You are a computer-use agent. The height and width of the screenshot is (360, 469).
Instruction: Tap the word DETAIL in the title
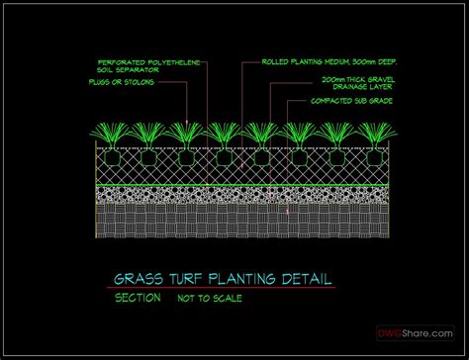point(304,279)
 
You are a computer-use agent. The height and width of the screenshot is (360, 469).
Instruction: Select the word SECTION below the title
point(136,297)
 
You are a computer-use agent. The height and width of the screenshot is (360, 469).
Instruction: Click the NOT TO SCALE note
point(210,298)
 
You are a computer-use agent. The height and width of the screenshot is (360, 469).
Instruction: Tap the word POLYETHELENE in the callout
point(166,61)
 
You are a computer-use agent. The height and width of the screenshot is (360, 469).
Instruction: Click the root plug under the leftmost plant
point(110,156)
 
